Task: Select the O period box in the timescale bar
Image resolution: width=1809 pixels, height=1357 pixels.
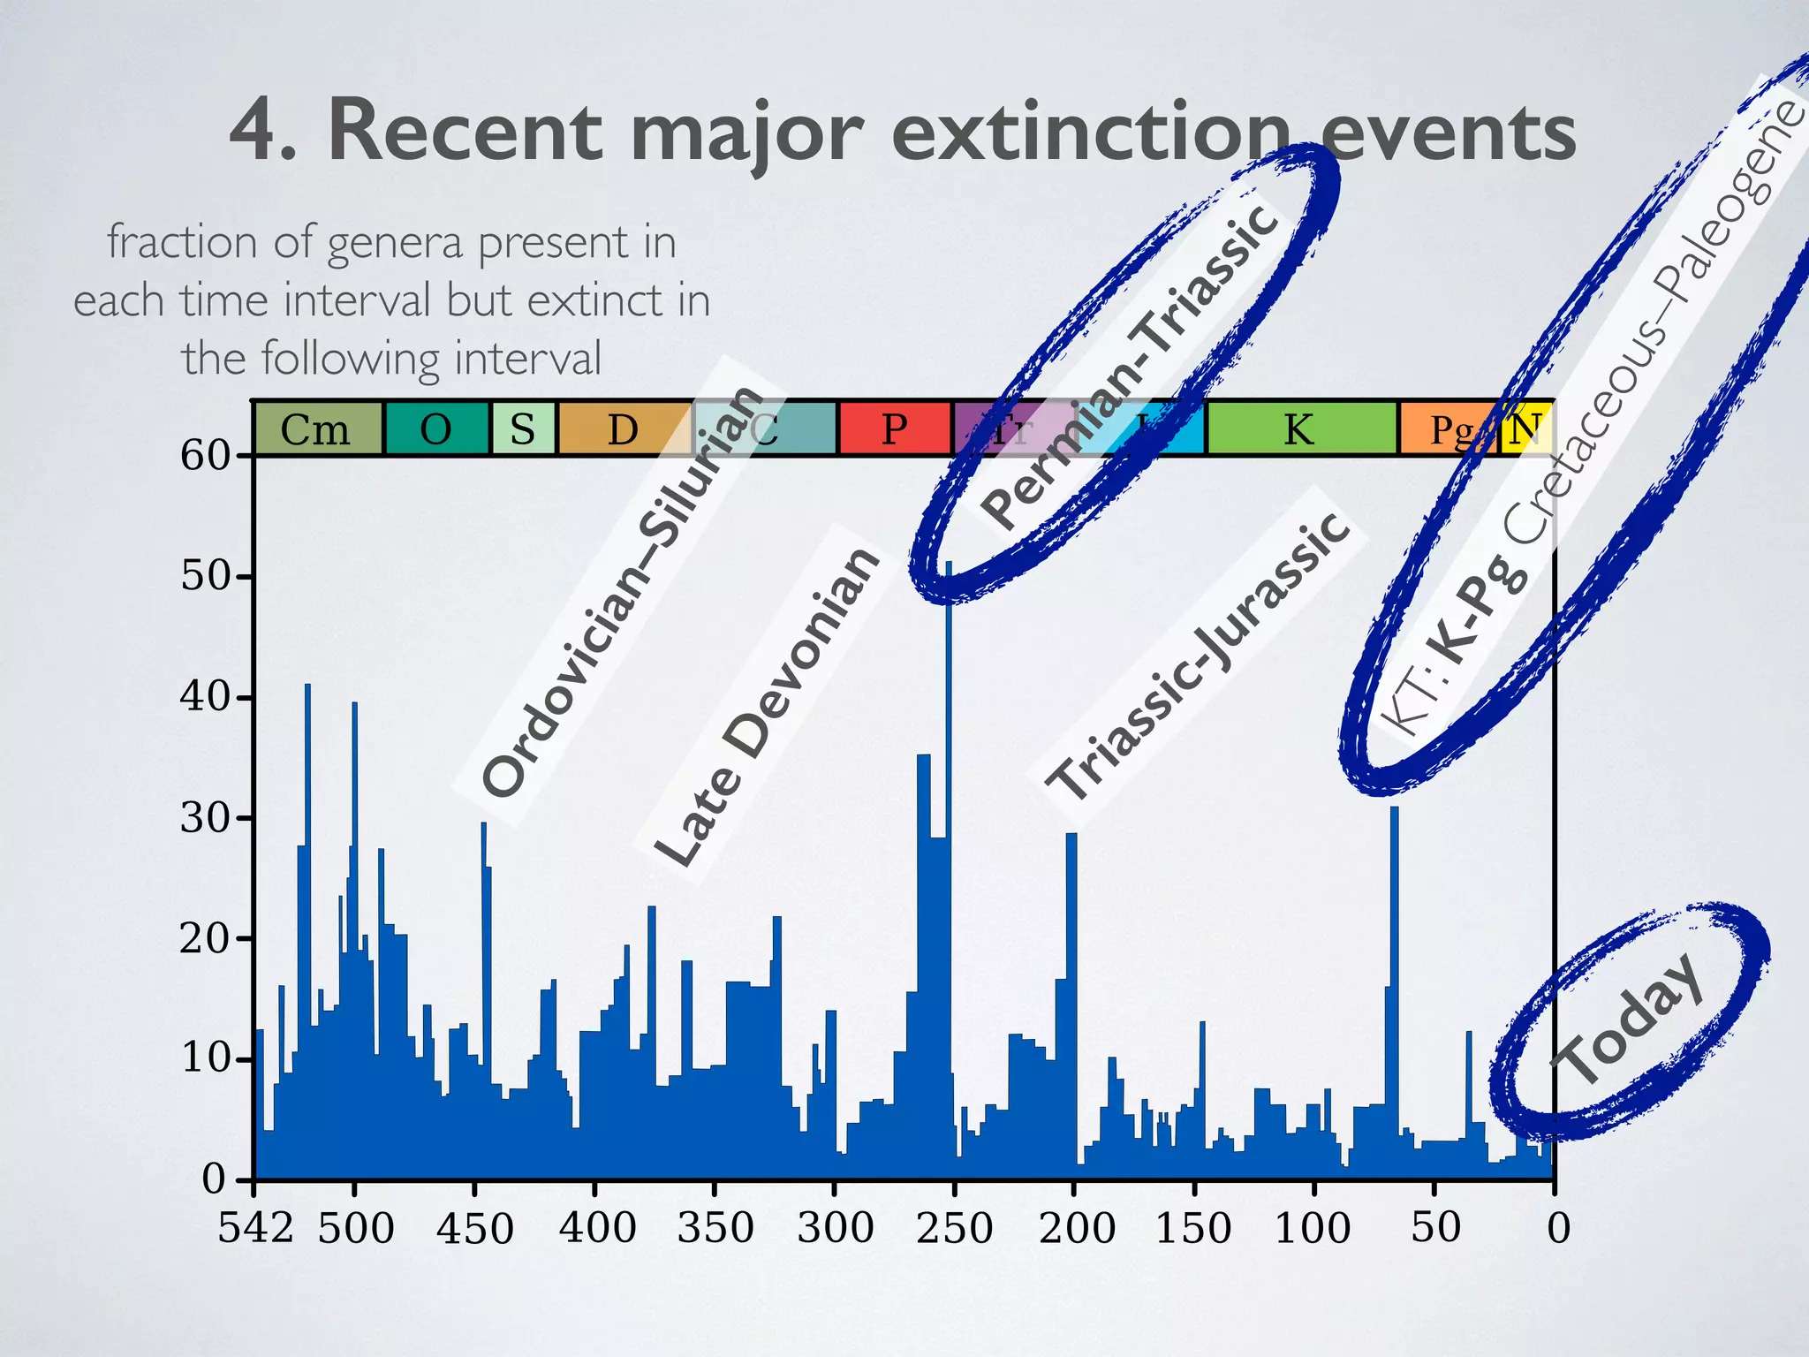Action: click(436, 429)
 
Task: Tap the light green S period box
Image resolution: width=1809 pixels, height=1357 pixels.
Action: click(523, 429)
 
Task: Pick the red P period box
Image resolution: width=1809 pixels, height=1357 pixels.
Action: click(894, 429)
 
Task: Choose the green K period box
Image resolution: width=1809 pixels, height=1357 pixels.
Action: click(1300, 429)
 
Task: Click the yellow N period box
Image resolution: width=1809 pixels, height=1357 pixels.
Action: click(1526, 429)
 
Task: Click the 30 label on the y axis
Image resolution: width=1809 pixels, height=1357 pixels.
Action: click(205, 818)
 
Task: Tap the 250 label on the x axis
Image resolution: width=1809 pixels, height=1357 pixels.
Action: click(954, 1228)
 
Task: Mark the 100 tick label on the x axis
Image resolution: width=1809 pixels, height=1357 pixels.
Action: click(1313, 1228)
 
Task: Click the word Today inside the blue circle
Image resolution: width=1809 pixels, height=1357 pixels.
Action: click(1627, 1021)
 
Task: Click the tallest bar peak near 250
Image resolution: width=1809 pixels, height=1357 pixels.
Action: click(949, 565)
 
